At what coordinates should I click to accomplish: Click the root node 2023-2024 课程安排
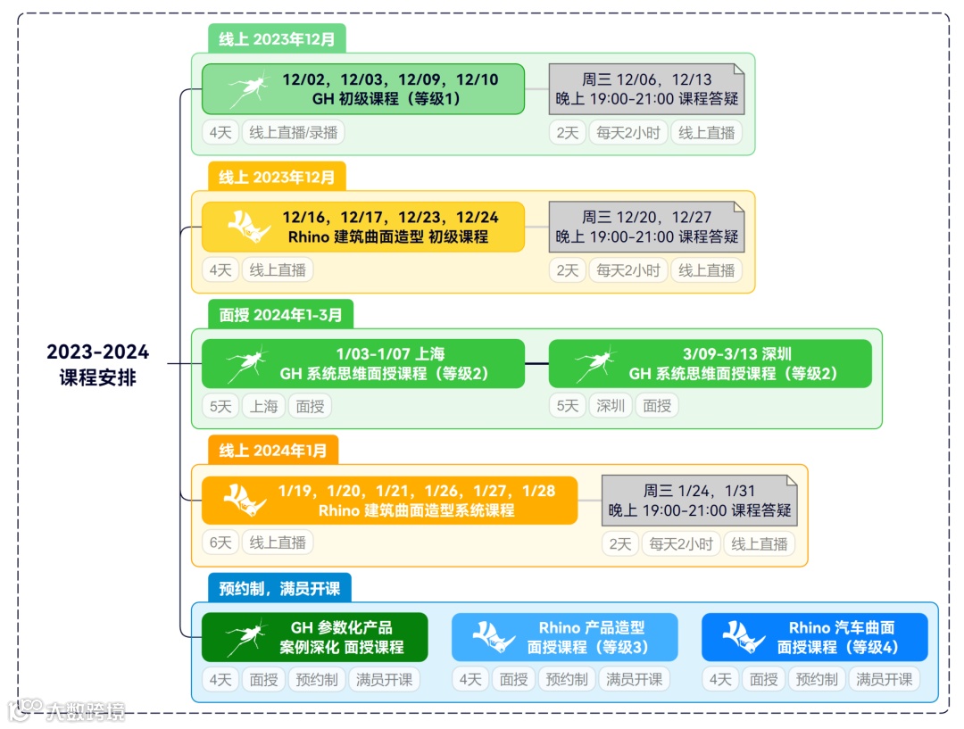[x=98, y=364]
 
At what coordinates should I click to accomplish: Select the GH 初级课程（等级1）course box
[x=362, y=88]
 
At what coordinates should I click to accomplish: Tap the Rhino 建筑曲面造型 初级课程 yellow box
[x=362, y=227]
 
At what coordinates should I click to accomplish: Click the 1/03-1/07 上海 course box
[x=362, y=364]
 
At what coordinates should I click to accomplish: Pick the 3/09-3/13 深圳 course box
[x=710, y=364]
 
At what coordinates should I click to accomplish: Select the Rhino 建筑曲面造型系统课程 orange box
[x=389, y=501]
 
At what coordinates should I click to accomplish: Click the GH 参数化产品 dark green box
[x=314, y=637]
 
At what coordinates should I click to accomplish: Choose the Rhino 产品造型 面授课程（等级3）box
[x=564, y=637]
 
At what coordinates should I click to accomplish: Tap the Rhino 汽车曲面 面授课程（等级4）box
[x=814, y=637]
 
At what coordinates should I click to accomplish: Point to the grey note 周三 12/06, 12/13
[x=646, y=88]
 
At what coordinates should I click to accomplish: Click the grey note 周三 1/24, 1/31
[x=699, y=501]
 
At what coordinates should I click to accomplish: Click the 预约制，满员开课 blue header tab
[x=279, y=588]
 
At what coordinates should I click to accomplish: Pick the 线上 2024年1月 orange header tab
[x=273, y=451]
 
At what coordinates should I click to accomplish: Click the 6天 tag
[x=220, y=543]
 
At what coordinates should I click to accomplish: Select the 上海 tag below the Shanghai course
[x=263, y=406]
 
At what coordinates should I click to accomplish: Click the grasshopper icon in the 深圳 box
[x=593, y=364]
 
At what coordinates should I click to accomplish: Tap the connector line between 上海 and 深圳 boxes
[x=536, y=364]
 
